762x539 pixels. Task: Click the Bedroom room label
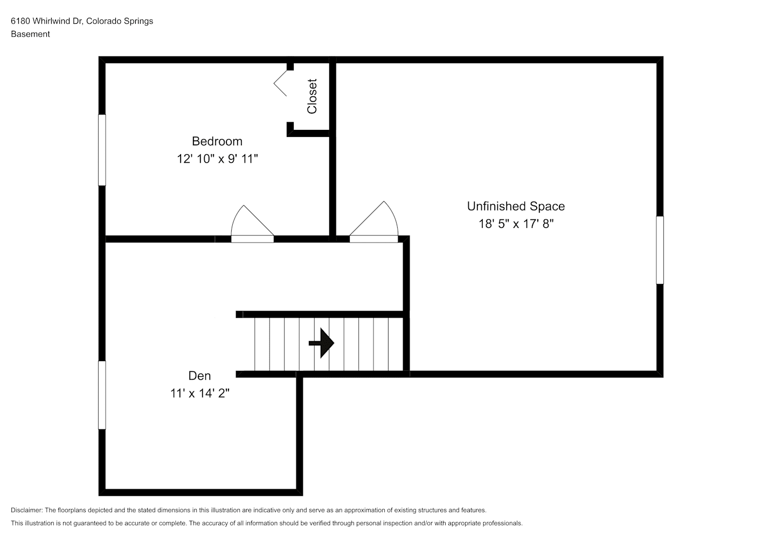tap(217, 141)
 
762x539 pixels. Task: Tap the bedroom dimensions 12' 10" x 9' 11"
tap(217, 158)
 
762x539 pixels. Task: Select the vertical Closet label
tap(312, 96)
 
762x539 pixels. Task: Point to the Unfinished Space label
tap(516, 206)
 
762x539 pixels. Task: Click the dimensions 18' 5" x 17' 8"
tap(516, 224)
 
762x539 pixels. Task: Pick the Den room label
tap(200, 376)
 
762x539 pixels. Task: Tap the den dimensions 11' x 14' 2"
tap(200, 393)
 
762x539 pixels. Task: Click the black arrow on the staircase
tap(321, 343)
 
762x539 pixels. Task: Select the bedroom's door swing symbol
tap(252, 224)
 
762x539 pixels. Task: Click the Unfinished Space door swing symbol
tap(374, 222)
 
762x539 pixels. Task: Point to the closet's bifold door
tap(280, 83)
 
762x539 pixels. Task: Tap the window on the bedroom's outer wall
tap(102, 150)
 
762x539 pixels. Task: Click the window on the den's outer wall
tap(102, 395)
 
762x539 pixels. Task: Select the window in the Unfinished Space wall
tap(660, 250)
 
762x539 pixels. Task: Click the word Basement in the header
tap(30, 34)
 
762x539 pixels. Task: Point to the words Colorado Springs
tap(120, 21)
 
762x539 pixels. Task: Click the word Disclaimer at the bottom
tap(27, 510)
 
